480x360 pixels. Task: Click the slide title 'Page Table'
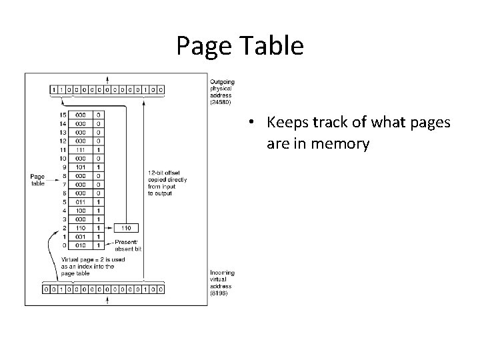pos(240,45)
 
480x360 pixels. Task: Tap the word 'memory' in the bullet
pos(337,143)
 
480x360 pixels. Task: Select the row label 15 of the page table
pos(64,115)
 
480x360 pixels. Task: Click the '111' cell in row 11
pos(80,150)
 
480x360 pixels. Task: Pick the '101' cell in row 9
pos(80,166)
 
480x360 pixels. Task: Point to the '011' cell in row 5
pos(80,202)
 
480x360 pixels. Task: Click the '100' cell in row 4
pos(80,210)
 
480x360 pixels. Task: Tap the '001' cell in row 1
pos(80,236)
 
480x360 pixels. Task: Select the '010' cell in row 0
pos(80,245)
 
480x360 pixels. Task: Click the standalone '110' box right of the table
pos(127,227)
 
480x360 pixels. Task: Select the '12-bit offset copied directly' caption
pos(167,176)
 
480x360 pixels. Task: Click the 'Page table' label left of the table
pos(37,180)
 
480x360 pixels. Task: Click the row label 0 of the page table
pos(64,245)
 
